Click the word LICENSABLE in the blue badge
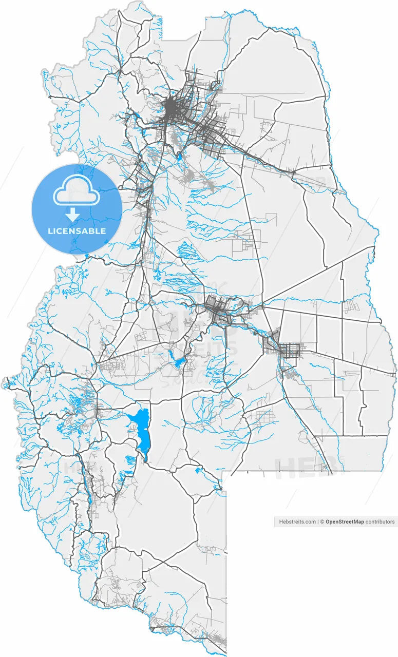[x=77, y=231]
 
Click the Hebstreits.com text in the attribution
[x=297, y=521]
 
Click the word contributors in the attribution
[x=380, y=521]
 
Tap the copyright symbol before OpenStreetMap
[x=323, y=521]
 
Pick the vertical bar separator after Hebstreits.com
[x=318, y=521]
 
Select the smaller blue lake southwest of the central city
[x=179, y=362]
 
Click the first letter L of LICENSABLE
[x=49, y=231]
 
